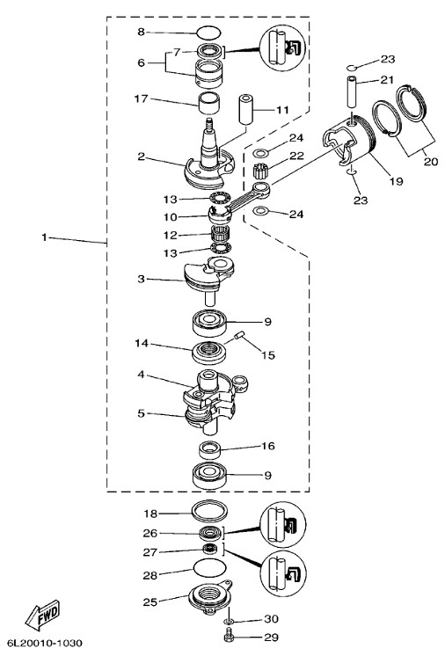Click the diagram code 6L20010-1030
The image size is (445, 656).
[x=45, y=643]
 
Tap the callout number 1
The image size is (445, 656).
[x=44, y=237]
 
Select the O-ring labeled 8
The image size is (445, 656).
[x=208, y=33]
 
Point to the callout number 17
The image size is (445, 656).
[x=141, y=98]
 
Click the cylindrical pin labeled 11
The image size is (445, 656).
[x=246, y=110]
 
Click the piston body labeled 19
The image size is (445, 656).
[x=348, y=142]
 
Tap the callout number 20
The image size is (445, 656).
[x=431, y=161]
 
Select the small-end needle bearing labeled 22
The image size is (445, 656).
[x=260, y=171]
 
